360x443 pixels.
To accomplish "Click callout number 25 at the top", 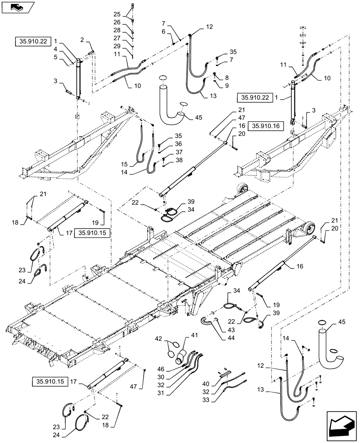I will pos(116,15).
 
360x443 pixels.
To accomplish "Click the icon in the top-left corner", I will pos(16,7).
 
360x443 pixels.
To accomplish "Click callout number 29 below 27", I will pos(116,47).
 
